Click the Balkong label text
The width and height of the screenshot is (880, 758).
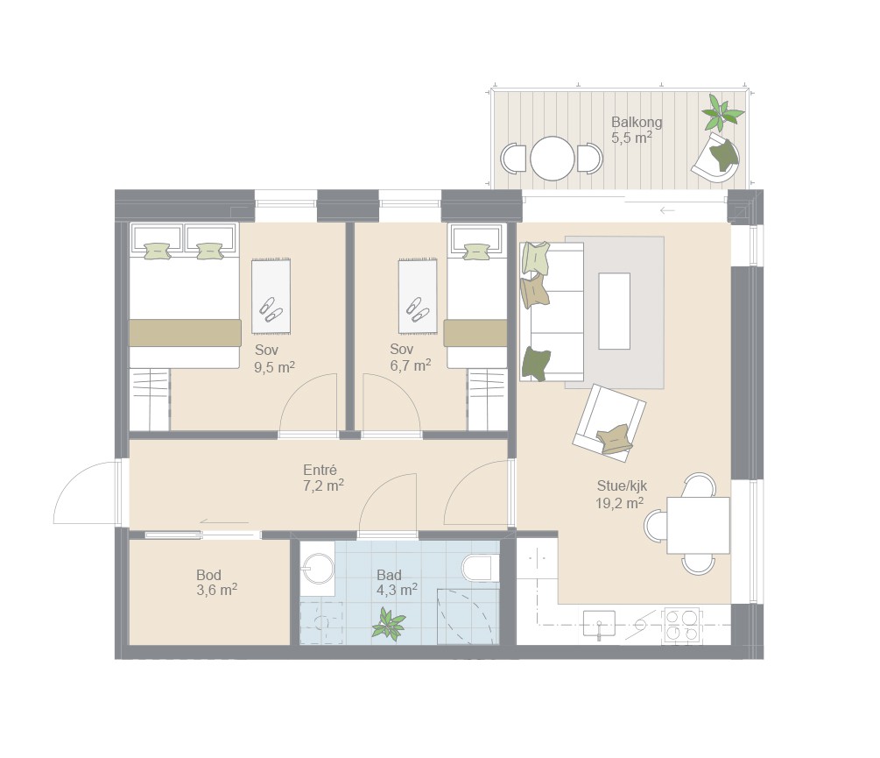coord(637,122)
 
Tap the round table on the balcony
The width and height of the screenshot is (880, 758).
coord(553,159)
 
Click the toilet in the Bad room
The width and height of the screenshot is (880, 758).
coord(481,568)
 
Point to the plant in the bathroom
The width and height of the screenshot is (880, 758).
coord(388,625)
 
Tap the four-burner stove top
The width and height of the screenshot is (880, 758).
coord(682,625)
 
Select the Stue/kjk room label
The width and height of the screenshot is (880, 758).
coord(622,485)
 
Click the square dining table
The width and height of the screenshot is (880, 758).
coord(698,526)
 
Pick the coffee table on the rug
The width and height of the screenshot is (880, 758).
coord(614,310)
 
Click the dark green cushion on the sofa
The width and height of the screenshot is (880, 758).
coord(536,364)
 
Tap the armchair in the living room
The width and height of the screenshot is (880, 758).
coord(609,422)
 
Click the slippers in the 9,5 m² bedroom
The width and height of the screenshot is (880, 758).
coord(271,308)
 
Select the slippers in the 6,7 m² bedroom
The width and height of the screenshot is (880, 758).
coord(419,309)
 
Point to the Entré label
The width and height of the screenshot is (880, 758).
coord(320,470)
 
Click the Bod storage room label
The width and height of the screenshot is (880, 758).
coord(208,575)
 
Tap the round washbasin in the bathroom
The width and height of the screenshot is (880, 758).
coord(318,568)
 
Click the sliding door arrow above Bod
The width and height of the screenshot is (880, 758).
coord(224,522)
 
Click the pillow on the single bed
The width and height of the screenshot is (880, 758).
coord(477,251)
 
